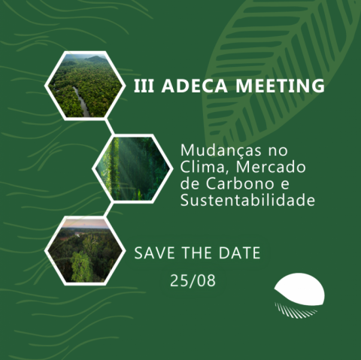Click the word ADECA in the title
pos(194,86)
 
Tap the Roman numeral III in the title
pos(144,86)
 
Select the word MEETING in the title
pos(280,86)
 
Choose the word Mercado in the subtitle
pos(271,167)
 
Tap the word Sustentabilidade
pos(247,200)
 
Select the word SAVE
pos(154,253)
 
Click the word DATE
pos(239,253)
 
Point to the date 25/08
pos(193,280)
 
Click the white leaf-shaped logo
pos(299,289)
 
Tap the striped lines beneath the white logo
pos(296,310)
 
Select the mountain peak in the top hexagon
pos(96,59)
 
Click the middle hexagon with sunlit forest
pos(132,169)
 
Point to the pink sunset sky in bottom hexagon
pos(86,223)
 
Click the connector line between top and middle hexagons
pos(110,127)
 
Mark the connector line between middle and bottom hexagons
pos(108,210)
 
